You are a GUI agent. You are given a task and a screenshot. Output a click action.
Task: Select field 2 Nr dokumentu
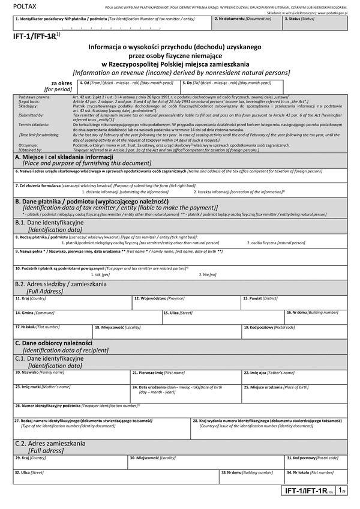(246, 24)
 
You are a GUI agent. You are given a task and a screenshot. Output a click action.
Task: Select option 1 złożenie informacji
(116, 191)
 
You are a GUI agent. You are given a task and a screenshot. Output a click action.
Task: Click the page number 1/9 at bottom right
(340, 491)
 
